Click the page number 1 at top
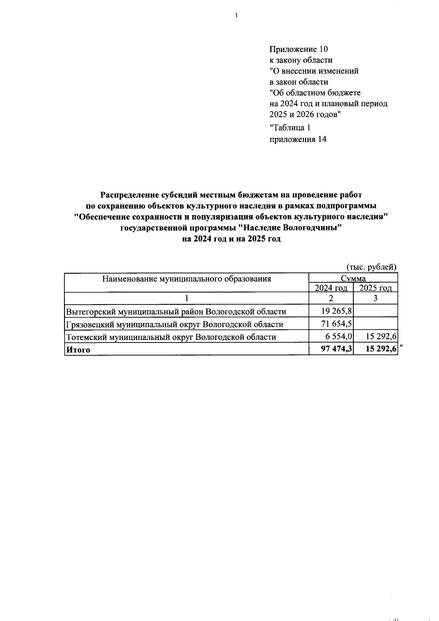point(236,15)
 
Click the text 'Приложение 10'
point(299,49)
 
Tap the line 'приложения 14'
point(297,139)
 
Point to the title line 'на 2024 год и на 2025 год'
point(231,239)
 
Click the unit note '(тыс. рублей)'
point(371,267)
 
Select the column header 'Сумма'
point(353,278)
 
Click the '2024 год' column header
point(331,288)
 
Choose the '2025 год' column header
point(376,288)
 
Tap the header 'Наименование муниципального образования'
point(187,279)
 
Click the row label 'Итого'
point(78,350)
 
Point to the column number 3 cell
point(375,298)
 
